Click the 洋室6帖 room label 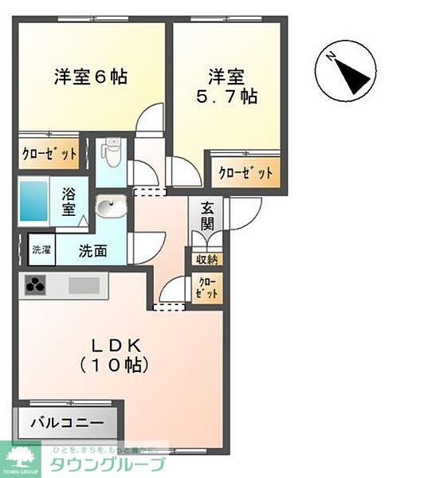[91, 77]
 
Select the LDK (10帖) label [116, 355]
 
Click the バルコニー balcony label [68, 422]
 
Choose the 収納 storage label [206, 259]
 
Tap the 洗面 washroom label [92, 251]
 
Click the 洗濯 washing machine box [41, 249]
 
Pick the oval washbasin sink [110, 209]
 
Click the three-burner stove [35, 285]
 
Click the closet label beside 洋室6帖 [49, 155]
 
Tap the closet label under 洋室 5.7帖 [245, 172]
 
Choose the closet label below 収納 [206, 288]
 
